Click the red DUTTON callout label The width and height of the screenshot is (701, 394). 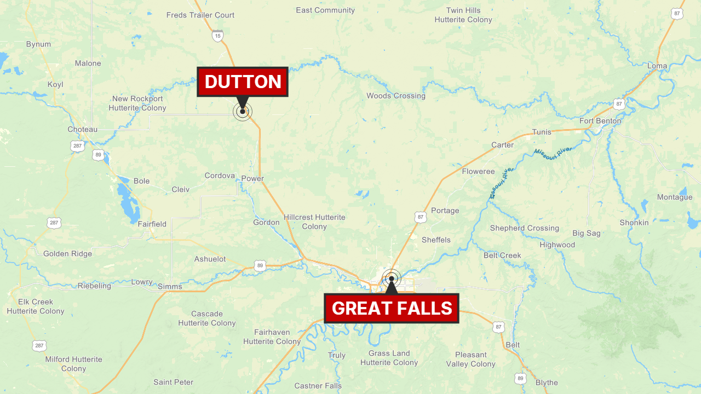coord(243,82)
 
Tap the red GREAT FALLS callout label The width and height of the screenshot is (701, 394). coord(392,308)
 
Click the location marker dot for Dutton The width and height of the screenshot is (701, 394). coord(243,112)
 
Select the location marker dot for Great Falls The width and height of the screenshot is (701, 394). coord(392,279)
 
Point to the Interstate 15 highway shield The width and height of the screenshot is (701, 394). coord(218,36)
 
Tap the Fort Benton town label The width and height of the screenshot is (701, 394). coord(600,121)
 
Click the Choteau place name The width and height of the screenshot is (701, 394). coord(82,130)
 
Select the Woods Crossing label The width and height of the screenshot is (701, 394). coord(395,96)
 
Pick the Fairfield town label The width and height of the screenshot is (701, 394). coord(152,224)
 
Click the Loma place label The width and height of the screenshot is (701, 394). coord(657,66)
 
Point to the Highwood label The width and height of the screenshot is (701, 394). coord(557,245)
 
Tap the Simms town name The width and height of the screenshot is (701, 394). coord(169,286)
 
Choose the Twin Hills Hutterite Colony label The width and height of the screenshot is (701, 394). coord(463,15)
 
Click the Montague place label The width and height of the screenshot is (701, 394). coord(675,197)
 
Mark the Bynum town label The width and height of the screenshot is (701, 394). coord(38,44)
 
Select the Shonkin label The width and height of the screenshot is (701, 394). coord(634,223)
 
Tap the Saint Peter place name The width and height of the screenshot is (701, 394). coord(174,382)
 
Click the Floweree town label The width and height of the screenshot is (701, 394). coord(478,171)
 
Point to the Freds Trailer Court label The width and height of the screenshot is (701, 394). coord(200,15)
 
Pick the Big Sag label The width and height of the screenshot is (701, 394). coord(586,233)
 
